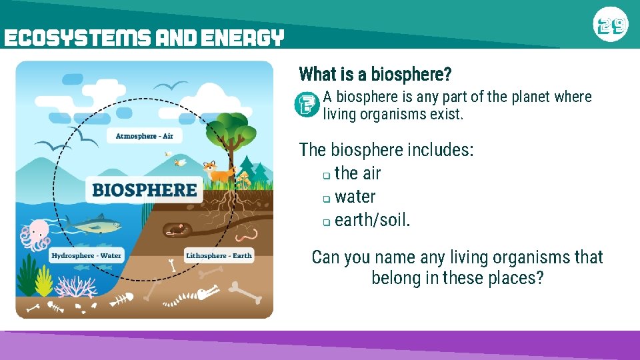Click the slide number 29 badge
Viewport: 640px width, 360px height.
tap(610, 26)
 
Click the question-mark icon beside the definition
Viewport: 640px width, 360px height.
tap(307, 105)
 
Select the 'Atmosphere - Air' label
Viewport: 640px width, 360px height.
tap(144, 136)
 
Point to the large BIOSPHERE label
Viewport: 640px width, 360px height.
tap(145, 190)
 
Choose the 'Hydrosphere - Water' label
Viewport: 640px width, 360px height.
tap(87, 255)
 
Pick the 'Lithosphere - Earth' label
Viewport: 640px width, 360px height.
tap(219, 255)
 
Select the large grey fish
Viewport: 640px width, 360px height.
tap(97, 225)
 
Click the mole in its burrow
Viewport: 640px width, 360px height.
tap(175, 230)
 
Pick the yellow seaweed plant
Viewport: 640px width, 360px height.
tap(44, 280)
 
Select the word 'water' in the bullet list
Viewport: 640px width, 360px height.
tap(355, 197)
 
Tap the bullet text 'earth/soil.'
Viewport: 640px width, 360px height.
tap(372, 220)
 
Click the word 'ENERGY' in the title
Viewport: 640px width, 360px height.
tap(243, 38)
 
